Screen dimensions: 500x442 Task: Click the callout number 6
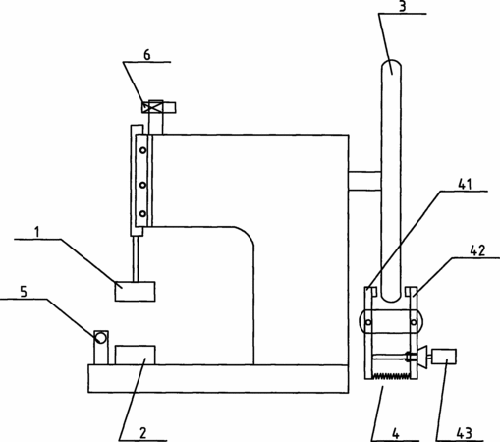tap(147, 55)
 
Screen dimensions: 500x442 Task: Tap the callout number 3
tap(403, 7)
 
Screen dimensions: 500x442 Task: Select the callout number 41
tap(465, 185)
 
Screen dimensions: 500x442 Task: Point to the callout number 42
tap(477, 250)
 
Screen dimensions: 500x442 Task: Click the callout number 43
tap(465, 433)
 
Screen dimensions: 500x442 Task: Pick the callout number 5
tap(24, 292)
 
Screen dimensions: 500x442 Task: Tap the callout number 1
tap(37, 232)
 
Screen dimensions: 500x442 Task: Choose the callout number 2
tap(143, 433)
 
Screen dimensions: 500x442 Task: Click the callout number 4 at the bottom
tap(396, 434)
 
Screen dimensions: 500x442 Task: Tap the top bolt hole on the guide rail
tap(143, 150)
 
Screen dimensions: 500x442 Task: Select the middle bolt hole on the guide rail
tap(142, 185)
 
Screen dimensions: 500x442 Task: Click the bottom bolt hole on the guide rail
tap(142, 214)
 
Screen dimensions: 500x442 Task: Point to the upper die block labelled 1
tap(135, 291)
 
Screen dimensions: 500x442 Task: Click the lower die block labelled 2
tap(136, 355)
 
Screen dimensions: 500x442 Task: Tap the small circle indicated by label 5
tap(100, 337)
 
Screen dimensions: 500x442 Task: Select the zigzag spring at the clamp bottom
tap(391, 376)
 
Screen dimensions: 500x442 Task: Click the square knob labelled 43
tap(444, 357)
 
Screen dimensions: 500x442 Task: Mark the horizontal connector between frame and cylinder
tap(364, 181)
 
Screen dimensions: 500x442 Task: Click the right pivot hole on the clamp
tap(414, 322)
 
